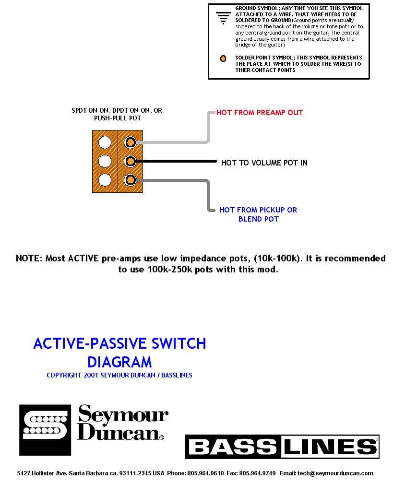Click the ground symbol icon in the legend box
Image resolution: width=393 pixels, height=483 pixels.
[222, 18]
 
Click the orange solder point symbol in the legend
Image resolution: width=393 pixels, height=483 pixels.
[223, 59]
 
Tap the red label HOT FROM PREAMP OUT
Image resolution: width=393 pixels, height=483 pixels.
[260, 113]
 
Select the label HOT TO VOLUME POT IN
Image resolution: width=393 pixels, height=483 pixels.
[264, 163]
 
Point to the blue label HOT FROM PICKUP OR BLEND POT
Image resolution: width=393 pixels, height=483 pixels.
[258, 214]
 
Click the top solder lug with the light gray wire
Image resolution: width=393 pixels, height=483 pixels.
[130, 142]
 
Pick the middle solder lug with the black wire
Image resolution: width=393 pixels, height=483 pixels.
[130, 161]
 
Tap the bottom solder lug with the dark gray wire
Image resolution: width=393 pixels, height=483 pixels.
[130, 180]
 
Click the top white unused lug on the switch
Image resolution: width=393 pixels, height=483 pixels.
[105, 142]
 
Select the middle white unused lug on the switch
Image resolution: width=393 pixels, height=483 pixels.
[105, 161]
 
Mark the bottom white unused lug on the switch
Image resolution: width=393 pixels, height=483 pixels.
[105, 180]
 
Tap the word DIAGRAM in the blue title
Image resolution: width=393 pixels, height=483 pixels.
[119, 362]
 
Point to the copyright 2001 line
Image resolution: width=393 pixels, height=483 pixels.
[119, 375]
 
